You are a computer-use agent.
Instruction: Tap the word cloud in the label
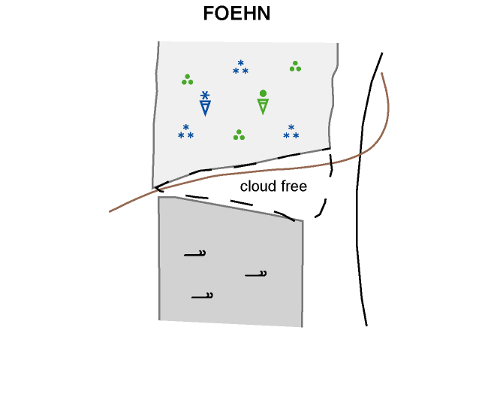[255, 186]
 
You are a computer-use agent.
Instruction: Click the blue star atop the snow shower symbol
[205, 95]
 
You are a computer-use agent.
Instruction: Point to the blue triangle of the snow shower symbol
[205, 108]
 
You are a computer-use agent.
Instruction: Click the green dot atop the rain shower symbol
[263, 93]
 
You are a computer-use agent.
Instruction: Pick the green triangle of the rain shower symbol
[263, 106]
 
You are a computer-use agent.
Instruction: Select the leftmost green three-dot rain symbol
[187, 79]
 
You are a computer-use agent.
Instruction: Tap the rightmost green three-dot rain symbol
[295, 66]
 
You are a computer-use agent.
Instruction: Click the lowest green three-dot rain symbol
[239, 135]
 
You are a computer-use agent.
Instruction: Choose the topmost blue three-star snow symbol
[240, 68]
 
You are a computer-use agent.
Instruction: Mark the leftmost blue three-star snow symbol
[185, 132]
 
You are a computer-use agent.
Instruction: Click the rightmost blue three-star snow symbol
[291, 132]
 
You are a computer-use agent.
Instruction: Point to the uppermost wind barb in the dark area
[196, 254]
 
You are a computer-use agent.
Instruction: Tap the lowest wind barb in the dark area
[202, 296]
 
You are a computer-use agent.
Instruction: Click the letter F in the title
[209, 14]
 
